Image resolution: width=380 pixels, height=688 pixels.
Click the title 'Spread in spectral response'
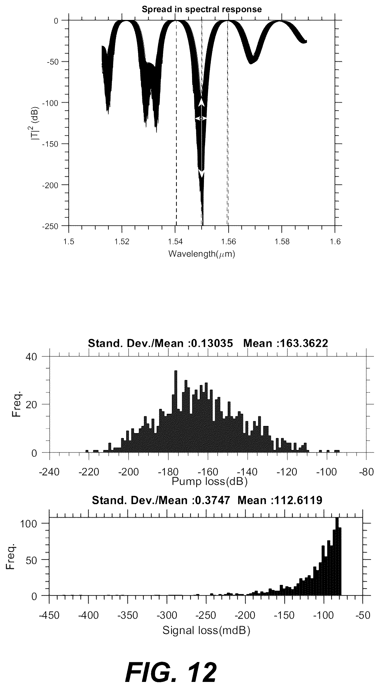pyautogui.click(x=201, y=9)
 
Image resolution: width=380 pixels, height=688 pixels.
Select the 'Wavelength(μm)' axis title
pyautogui.click(x=201, y=254)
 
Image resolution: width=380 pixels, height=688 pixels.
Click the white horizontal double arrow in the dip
pyautogui.click(x=201, y=118)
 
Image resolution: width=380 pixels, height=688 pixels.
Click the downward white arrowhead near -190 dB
pyautogui.click(x=201, y=173)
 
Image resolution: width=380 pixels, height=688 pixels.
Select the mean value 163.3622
pyautogui.click(x=304, y=343)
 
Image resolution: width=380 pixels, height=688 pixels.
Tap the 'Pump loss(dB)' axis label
pyautogui.click(x=209, y=482)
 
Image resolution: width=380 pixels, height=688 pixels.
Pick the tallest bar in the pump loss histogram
pyautogui.click(x=175, y=412)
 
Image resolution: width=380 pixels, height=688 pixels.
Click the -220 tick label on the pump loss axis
pyautogui.click(x=89, y=472)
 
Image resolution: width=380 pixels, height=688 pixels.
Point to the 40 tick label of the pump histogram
pyautogui.click(x=31, y=357)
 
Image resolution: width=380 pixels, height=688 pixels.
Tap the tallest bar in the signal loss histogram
pyautogui.click(x=337, y=556)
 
